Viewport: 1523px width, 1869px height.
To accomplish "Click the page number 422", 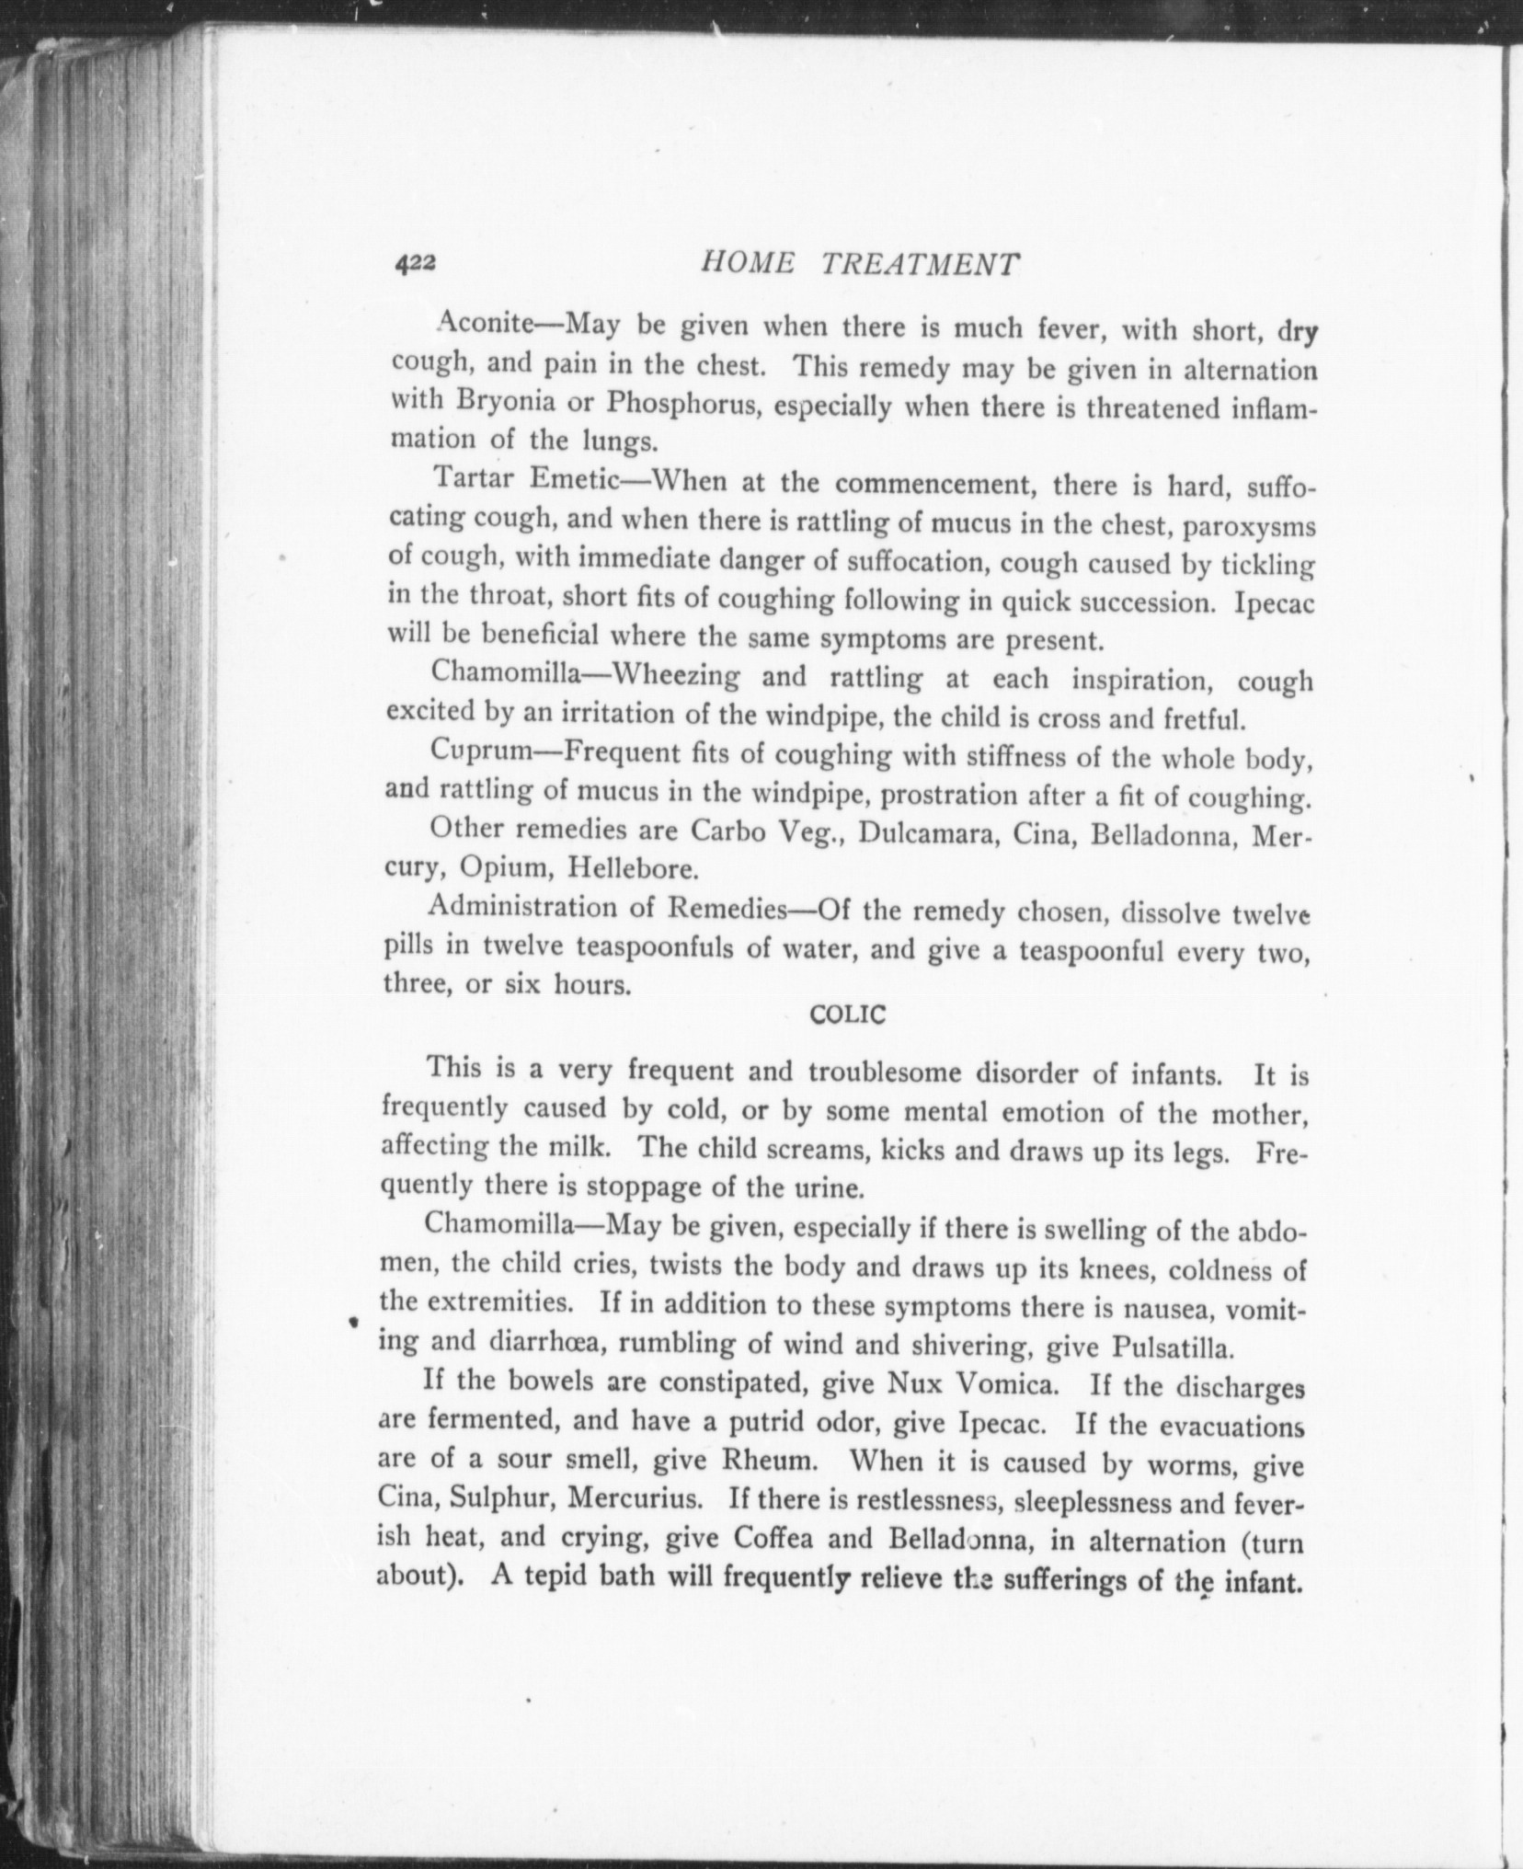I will (415, 263).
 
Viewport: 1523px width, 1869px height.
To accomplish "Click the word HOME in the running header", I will (746, 264).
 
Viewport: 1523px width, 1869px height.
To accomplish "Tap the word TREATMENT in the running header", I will (920, 265).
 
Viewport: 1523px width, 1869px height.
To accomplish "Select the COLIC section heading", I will (846, 1015).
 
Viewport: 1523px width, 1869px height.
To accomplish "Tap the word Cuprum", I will (482, 750).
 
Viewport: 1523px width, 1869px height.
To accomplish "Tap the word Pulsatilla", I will (1171, 1348).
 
